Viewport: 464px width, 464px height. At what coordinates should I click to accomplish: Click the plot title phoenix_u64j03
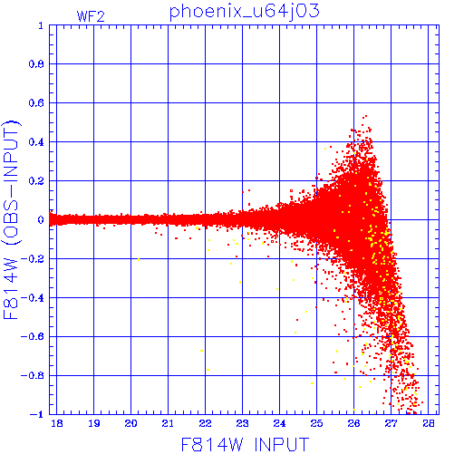tap(244, 12)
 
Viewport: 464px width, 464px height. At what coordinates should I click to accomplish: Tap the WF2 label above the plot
tap(91, 16)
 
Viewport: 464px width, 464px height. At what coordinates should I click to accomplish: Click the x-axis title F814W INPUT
tap(245, 444)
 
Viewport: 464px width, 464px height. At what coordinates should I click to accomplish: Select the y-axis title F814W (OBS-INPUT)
tap(11, 219)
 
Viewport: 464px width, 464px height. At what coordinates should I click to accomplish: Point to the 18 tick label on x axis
tap(57, 423)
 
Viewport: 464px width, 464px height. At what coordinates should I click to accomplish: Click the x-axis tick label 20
tap(130, 423)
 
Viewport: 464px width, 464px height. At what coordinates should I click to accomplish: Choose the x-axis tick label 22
tap(205, 423)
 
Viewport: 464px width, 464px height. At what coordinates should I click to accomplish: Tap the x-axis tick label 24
tap(279, 423)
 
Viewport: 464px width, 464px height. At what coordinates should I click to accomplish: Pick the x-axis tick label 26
tap(353, 423)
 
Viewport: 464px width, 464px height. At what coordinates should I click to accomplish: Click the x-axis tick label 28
tap(428, 423)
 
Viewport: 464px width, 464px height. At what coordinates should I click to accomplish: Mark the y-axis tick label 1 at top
tap(41, 25)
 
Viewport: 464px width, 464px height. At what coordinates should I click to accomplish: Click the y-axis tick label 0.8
tap(36, 64)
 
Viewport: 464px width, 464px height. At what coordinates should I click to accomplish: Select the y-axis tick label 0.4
tap(36, 142)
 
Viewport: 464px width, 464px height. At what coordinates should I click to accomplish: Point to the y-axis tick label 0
tap(41, 219)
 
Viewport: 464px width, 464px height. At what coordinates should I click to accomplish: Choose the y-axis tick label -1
tap(37, 414)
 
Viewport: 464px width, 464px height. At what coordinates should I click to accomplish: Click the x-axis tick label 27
tap(391, 423)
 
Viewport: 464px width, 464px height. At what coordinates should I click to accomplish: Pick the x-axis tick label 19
tap(93, 423)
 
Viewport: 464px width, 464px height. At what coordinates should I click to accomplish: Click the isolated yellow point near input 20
tap(139, 259)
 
